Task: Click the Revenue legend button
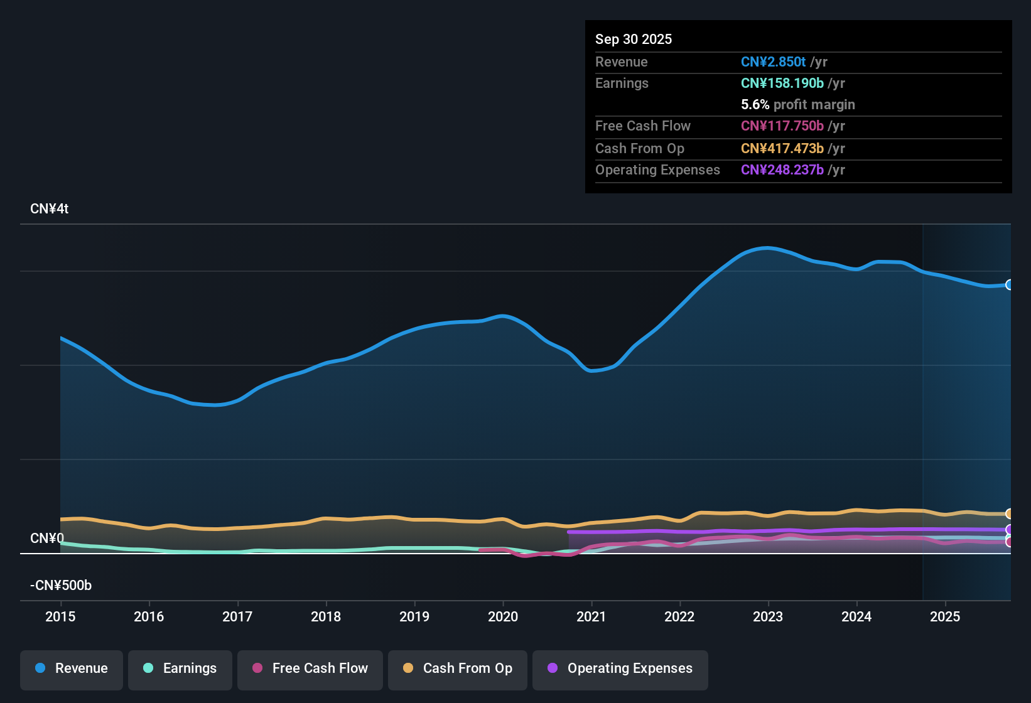point(72,668)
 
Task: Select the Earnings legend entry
point(180,668)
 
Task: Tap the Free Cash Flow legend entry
point(310,668)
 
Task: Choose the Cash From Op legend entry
point(458,668)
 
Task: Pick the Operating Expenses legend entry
point(620,668)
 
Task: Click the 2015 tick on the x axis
point(60,616)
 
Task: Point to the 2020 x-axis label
point(503,616)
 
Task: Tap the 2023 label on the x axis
point(768,616)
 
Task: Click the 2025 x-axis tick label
point(945,616)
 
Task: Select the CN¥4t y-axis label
point(49,209)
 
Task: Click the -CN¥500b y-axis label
point(61,586)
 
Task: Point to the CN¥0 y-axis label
point(47,539)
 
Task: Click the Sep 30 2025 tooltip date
point(634,39)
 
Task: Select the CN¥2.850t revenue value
point(773,62)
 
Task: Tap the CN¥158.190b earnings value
point(782,83)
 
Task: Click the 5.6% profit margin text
point(797,105)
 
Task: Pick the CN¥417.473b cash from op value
point(782,149)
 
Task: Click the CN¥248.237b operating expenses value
point(782,170)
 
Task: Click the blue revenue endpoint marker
point(1009,285)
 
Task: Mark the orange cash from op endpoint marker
point(1009,514)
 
